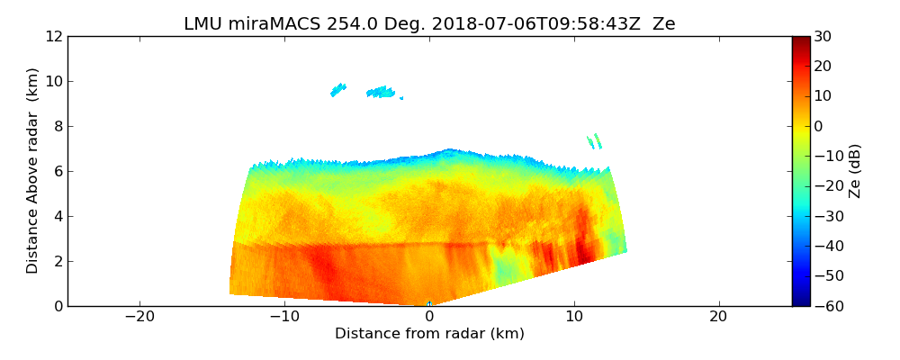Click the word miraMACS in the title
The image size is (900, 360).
[x=265, y=24]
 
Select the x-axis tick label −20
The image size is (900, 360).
[x=139, y=317]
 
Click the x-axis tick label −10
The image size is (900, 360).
[x=284, y=317]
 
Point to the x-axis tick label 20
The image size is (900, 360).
[x=718, y=317]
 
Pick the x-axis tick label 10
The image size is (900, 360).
[x=573, y=317]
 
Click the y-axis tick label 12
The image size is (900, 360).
[x=54, y=36]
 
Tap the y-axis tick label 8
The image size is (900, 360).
[x=58, y=126]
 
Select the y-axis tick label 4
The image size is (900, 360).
[x=58, y=216]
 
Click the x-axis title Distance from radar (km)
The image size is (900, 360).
[x=429, y=334]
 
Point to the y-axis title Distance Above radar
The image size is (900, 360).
[x=33, y=171]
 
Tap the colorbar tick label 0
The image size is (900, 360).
[x=819, y=126]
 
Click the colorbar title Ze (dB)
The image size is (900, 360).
[x=855, y=171]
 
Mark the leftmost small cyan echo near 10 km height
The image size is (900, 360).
[x=338, y=89]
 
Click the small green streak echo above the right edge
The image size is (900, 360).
[x=594, y=141]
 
